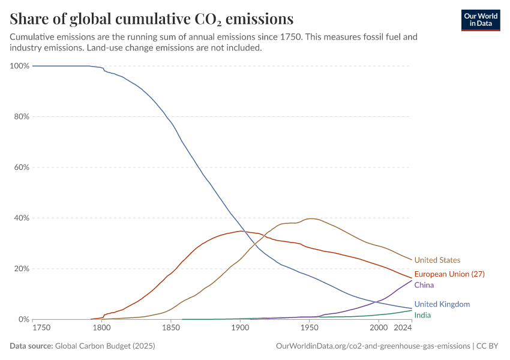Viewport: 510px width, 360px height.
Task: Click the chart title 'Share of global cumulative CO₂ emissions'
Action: point(152,18)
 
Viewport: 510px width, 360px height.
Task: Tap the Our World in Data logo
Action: point(480,20)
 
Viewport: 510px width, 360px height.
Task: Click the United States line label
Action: point(437,260)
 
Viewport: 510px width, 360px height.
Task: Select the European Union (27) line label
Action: point(449,274)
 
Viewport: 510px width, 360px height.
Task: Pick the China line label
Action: point(424,285)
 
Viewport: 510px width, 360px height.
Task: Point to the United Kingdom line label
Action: point(442,304)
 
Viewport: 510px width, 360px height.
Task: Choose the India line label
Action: point(422,315)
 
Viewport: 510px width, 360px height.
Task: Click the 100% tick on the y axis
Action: point(19,66)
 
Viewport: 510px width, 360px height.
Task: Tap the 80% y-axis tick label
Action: point(21,116)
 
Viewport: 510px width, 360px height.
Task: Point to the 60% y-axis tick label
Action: point(21,167)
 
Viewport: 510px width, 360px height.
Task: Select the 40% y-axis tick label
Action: point(21,218)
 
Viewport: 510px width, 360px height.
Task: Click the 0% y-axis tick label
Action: point(23,319)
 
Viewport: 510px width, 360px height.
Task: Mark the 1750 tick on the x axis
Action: point(41,328)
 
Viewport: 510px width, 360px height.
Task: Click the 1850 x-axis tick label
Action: point(171,328)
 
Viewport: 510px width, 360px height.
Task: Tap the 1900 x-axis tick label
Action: point(240,328)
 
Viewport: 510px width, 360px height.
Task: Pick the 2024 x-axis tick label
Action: point(403,328)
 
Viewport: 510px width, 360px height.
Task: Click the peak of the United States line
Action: point(310,218)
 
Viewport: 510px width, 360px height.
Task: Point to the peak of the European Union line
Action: point(240,231)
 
